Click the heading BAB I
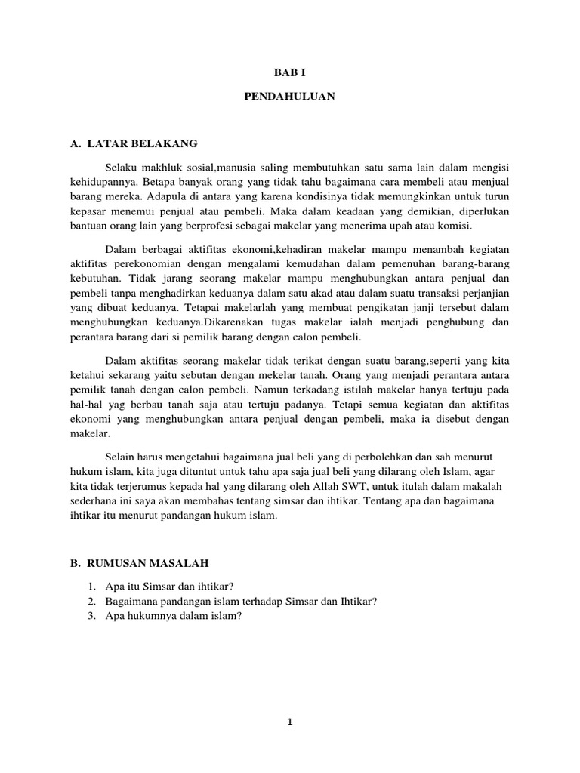tap(290, 73)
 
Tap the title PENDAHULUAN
tap(290, 97)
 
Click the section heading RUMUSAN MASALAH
tap(148, 563)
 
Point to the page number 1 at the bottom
tap(290, 721)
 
